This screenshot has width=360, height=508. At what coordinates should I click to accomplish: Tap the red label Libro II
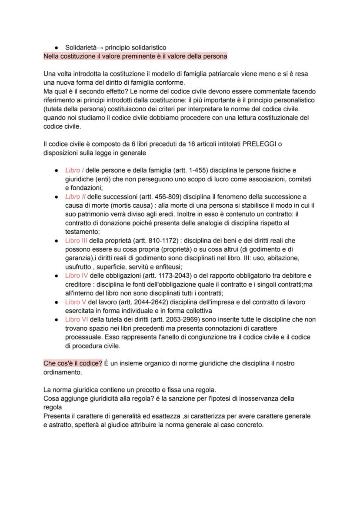(75, 196)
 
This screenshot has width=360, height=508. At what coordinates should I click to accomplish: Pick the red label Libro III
(76, 240)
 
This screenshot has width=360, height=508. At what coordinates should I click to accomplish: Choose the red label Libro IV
(76, 276)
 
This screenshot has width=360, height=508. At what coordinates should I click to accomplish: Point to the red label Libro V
(75, 302)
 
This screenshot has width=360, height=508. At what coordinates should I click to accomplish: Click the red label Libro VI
(76, 319)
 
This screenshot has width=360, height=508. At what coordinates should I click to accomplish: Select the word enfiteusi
(167, 267)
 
